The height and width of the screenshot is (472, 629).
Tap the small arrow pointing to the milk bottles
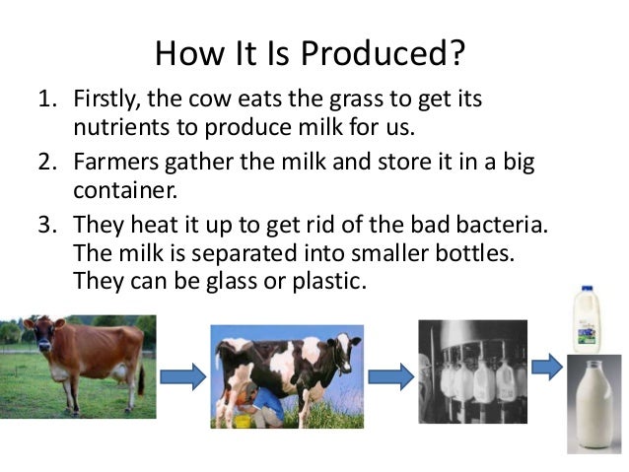click(x=547, y=368)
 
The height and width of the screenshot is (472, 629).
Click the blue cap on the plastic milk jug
click(x=587, y=290)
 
